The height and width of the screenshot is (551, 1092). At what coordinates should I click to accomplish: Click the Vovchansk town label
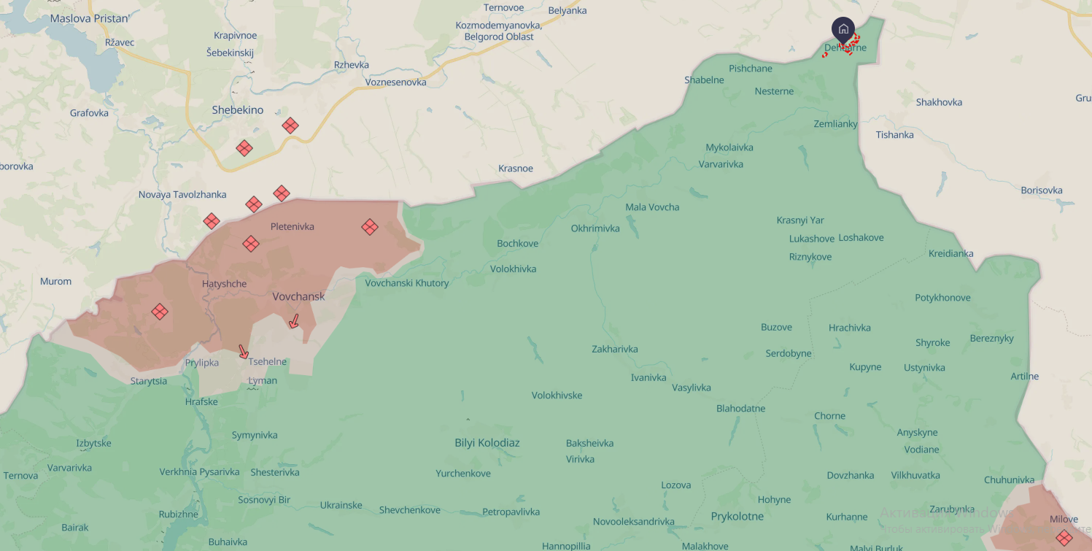[298, 297]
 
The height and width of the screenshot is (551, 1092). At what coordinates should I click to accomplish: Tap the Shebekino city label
[237, 110]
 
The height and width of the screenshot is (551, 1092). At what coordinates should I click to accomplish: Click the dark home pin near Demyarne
[843, 30]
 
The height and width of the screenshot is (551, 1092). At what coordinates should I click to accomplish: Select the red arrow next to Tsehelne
[244, 352]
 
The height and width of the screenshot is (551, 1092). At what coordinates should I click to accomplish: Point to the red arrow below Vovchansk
[294, 321]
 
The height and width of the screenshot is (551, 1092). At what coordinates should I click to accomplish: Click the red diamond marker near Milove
[1064, 538]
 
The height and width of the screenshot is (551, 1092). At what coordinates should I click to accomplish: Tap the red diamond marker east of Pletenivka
[370, 227]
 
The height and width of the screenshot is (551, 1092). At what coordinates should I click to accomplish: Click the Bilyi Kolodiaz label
[487, 443]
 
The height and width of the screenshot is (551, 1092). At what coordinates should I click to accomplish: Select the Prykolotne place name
[737, 517]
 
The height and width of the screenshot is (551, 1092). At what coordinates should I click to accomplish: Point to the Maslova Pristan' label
[89, 18]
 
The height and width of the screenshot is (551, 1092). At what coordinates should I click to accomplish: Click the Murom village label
[56, 281]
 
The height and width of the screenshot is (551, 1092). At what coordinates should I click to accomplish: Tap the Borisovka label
[1041, 190]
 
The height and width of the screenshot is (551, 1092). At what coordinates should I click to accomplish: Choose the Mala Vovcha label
[652, 207]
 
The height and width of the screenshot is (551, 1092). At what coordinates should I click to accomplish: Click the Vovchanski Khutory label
[407, 283]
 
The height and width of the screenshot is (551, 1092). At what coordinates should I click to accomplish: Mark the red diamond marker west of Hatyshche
[160, 312]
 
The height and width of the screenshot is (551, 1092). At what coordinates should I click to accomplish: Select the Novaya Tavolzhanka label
[182, 195]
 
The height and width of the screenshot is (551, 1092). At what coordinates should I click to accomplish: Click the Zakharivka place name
[614, 349]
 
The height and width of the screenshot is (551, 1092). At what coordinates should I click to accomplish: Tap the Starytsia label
[149, 381]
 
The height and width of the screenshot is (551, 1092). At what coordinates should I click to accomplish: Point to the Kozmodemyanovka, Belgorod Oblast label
[498, 31]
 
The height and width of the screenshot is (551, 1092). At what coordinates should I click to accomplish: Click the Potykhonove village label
[942, 298]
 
